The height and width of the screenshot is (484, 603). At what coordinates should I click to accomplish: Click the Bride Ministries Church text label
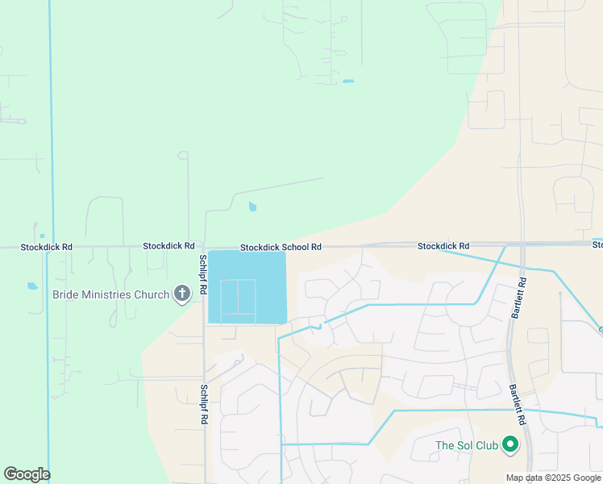click(110, 294)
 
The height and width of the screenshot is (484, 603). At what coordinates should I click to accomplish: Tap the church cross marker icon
click(182, 294)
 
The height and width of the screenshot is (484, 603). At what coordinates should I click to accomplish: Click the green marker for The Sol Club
click(509, 444)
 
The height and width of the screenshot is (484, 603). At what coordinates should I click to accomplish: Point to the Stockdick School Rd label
click(281, 247)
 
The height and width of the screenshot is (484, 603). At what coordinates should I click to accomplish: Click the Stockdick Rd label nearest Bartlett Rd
click(443, 245)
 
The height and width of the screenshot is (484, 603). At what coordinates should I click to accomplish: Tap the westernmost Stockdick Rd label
click(46, 246)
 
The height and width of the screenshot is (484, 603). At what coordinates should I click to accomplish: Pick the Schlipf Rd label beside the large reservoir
click(203, 274)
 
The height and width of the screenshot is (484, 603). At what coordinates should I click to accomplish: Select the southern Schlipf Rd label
click(204, 405)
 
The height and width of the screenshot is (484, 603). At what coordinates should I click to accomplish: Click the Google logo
click(27, 474)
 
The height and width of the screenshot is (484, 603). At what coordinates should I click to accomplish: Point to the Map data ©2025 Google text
click(553, 478)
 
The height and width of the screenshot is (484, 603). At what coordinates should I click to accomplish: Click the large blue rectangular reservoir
click(247, 287)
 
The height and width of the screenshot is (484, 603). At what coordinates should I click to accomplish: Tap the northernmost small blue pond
click(347, 81)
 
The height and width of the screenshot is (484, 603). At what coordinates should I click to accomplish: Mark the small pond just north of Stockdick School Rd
click(252, 207)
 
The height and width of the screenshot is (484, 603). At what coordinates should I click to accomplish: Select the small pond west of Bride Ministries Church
click(31, 286)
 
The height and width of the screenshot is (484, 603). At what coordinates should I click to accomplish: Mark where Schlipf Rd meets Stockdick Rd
click(204, 248)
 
